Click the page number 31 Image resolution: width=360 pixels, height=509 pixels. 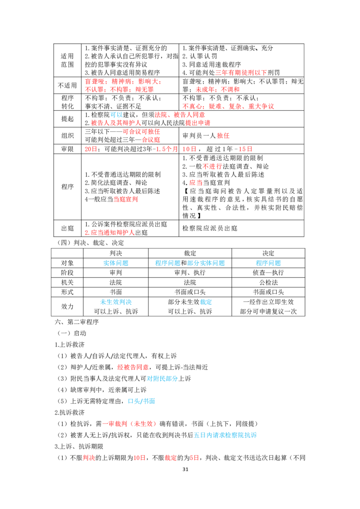pyautogui.click(x=185, y=469)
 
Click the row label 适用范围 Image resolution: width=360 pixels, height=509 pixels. pyautogui.click(x=67, y=60)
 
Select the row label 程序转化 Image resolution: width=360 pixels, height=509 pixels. pyautogui.click(x=67, y=102)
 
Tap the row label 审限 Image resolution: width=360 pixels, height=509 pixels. pyautogui.click(x=67, y=149)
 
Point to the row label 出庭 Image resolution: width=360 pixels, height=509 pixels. pyautogui.click(x=67, y=228)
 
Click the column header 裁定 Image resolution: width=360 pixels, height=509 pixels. pyautogui.click(x=190, y=253)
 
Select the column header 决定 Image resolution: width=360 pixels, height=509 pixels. pyautogui.click(x=268, y=253)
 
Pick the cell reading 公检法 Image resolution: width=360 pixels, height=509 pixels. pyautogui.click(x=268, y=282)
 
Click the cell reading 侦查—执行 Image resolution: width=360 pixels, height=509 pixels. pyautogui.click(x=268, y=272)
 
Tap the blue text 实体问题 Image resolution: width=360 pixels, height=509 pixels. pyautogui.click(x=116, y=263)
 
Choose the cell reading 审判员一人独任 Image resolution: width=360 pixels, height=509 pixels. pyautogui.click(x=206, y=136)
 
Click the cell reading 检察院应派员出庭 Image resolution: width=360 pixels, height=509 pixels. pyautogui.click(x=210, y=228)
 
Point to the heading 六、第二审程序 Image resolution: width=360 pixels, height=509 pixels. pyautogui.click(x=76, y=322)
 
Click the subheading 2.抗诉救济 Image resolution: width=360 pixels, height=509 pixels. pyautogui.click(x=70, y=412)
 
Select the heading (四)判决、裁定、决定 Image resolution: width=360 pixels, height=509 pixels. pyautogui.click(x=90, y=243)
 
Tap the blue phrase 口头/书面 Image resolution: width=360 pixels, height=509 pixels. pyautogui.click(x=141, y=401)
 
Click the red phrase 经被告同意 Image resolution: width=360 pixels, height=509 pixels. pyautogui.click(x=133, y=367)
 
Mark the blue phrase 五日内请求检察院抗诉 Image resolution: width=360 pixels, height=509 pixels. pyautogui.click(x=225, y=435)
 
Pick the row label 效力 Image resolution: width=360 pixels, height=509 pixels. pyautogui.click(x=67, y=307)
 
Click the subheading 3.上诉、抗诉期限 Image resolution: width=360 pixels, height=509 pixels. pyautogui.click(x=79, y=446)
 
